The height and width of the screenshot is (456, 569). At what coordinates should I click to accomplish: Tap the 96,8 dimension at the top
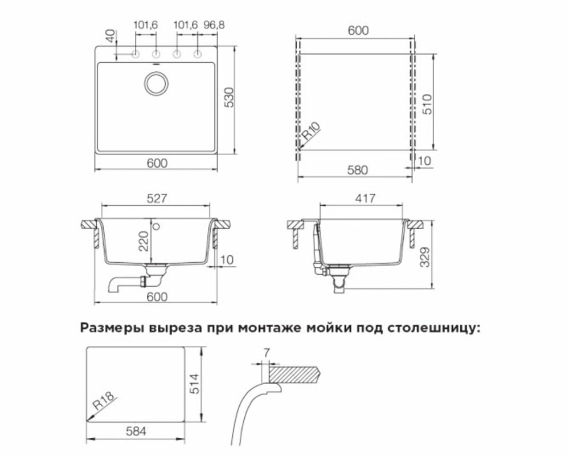click(214, 25)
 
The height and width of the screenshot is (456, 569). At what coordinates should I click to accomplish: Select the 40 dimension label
click(110, 35)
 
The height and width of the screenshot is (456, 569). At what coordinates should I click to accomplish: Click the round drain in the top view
click(157, 83)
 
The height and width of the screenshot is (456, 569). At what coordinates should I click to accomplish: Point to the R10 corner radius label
click(311, 131)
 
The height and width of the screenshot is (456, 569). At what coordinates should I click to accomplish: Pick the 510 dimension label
click(427, 104)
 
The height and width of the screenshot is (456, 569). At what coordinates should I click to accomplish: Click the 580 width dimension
click(358, 170)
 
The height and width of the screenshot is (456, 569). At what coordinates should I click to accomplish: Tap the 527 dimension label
click(157, 198)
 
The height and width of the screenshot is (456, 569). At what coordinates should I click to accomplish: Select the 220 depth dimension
click(144, 241)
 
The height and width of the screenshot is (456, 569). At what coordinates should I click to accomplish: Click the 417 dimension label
click(366, 198)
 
